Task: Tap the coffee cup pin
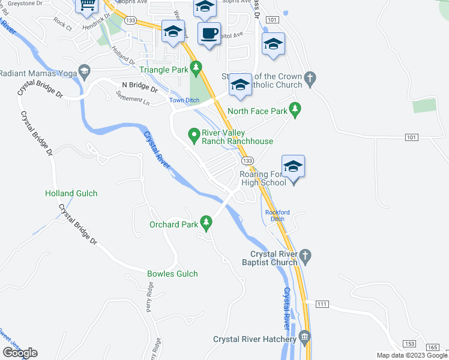coord(209,34)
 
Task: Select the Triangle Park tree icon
coord(194,66)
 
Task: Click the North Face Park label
coord(258,111)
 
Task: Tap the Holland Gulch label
coord(71,193)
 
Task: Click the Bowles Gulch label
coord(172,274)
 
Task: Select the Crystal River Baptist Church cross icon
coord(305,255)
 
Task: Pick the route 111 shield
coord(322,305)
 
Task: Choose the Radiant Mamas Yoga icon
coord(84,72)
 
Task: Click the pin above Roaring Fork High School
coord(293,166)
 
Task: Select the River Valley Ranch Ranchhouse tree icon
coord(194,134)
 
